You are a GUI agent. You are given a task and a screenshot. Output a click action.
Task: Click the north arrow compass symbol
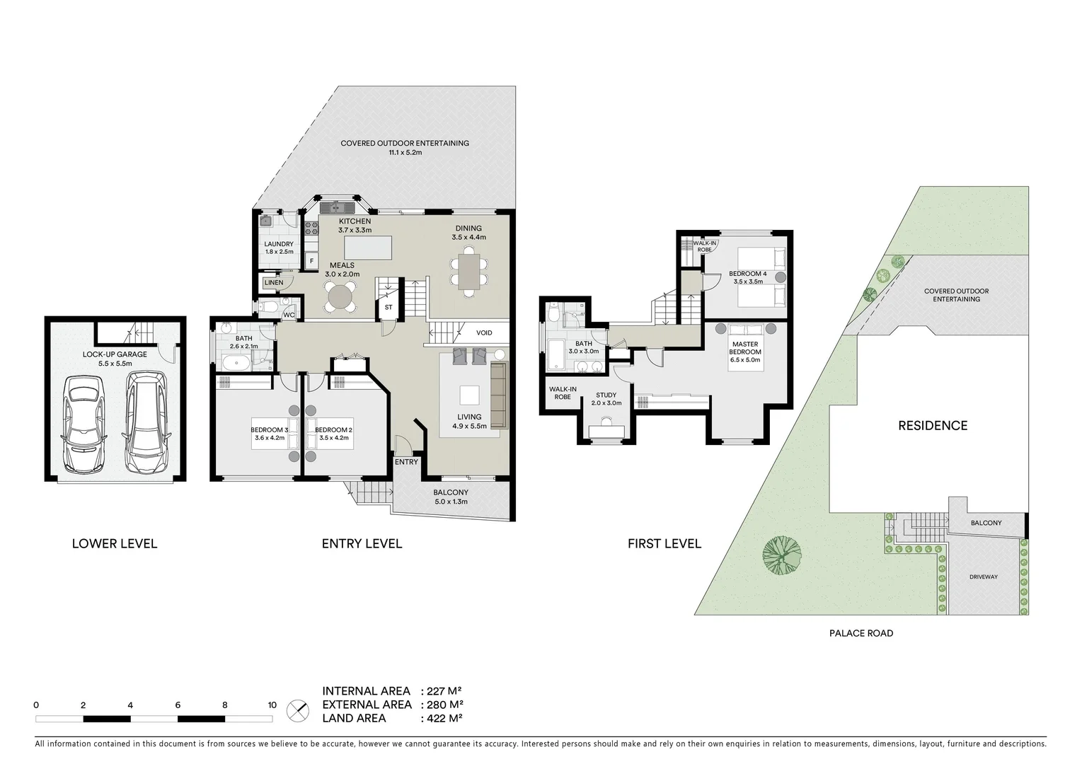pyautogui.click(x=298, y=710)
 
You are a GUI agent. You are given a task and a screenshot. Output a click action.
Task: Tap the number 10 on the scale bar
pyautogui.click(x=272, y=705)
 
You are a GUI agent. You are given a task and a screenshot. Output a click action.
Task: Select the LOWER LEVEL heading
pyautogui.click(x=115, y=543)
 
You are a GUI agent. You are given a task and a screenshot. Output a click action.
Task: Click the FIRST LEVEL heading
pyautogui.click(x=664, y=543)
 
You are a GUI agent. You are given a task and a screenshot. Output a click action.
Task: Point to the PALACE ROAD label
pyautogui.click(x=861, y=633)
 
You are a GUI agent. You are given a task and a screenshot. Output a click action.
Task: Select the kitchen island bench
pyautogui.click(x=367, y=248)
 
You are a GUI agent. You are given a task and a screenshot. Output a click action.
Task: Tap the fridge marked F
pyautogui.click(x=311, y=261)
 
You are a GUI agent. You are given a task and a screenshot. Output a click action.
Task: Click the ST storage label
pyautogui.click(x=388, y=308)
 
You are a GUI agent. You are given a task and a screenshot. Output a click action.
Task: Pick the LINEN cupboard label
pyautogui.click(x=274, y=282)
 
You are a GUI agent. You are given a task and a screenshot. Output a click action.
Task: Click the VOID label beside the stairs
pyautogui.click(x=484, y=332)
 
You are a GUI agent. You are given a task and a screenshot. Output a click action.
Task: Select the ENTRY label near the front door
pyautogui.click(x=406, y=462)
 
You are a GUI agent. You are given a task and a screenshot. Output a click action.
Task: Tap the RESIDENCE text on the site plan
pyautogui.click(x=933, y=425)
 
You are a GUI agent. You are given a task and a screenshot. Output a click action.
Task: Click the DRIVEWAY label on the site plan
pyautogui.click(x=983, y=577)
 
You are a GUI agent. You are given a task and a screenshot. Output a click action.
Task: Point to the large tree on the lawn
pyautogui.click(x=782, y=554)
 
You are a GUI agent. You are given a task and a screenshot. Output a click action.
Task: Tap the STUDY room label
pyautogui.click(x=606, y=395)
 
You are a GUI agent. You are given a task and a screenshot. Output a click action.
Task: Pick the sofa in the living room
pyautogui.click(x=499, y=395)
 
